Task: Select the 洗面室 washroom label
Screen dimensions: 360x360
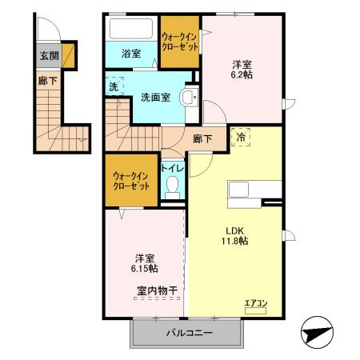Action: coord(155,98)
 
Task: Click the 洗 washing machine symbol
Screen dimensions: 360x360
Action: coord(114,86)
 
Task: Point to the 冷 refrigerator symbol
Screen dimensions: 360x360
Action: coord(241,138)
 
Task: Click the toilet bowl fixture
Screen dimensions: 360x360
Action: coord(171,188)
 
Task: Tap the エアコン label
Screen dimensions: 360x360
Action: coord(256,303)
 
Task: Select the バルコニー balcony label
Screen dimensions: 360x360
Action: coord(186,331)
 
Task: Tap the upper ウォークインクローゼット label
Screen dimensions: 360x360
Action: coord(179,42)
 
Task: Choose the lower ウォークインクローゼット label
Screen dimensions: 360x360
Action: coord(131,179)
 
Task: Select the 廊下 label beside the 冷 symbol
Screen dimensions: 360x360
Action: coord(203,138)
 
